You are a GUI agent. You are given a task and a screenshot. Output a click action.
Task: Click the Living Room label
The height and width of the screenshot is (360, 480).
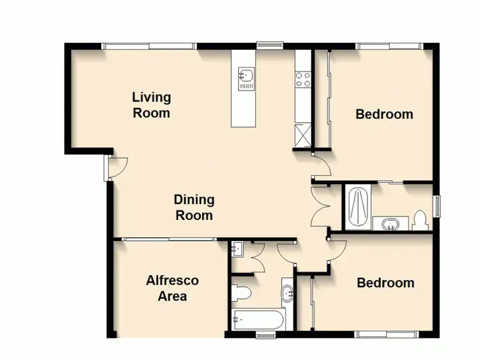coord(152,106)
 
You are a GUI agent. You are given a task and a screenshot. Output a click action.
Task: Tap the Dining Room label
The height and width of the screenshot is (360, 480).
coord(194,208)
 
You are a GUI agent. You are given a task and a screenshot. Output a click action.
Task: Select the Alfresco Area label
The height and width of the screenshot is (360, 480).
coord(172,288)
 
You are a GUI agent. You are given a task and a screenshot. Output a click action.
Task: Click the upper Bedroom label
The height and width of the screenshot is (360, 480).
coord(384,114)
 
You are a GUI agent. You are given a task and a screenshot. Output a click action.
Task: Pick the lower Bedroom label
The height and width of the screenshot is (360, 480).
coord(385,283)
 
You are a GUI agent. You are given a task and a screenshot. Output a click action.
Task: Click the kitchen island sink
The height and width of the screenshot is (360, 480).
coord(246,78)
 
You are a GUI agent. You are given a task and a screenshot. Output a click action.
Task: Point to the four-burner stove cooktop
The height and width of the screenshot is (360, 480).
coord(302,80)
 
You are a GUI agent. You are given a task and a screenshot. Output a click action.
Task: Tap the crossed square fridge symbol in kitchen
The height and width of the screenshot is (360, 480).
coord(302,136)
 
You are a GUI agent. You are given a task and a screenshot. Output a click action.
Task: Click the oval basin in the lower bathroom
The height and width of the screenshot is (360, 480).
coord(287,295)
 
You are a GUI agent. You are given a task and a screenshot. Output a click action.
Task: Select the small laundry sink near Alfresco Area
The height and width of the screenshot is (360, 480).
coord(237,248)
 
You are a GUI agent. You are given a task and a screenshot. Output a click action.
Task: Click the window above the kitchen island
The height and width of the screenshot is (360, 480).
coord(265,45)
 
